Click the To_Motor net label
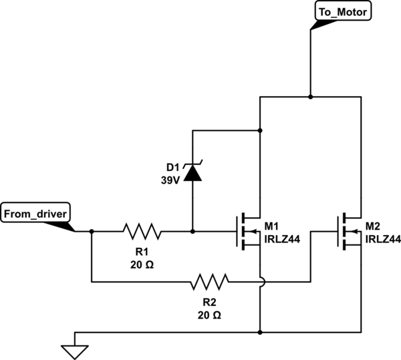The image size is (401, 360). point(340,12)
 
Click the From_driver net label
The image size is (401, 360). point(35,214)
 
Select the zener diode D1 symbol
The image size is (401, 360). point(192,172)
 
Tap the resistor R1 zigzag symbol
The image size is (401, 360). point(142,232)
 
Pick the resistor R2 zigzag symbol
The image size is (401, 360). point(209,282)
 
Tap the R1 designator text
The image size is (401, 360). point(141,252)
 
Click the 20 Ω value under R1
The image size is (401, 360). point(141,264)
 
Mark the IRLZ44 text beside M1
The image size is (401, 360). point(281,238)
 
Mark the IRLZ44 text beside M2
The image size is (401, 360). point(383,238)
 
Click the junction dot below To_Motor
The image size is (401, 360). point(310,97)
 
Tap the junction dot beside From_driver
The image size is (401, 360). point(92,232)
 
